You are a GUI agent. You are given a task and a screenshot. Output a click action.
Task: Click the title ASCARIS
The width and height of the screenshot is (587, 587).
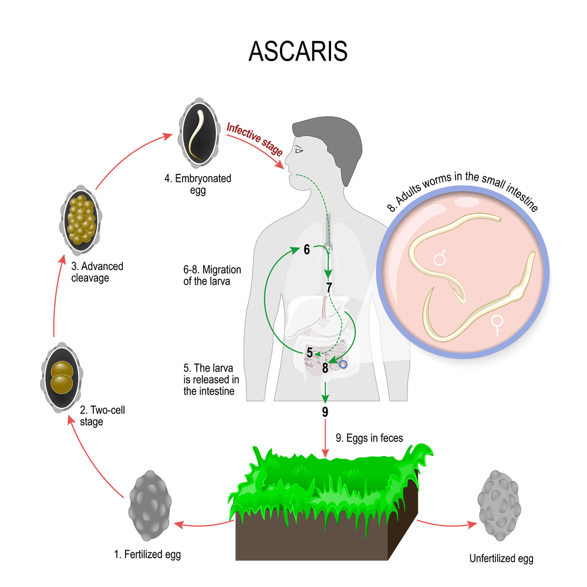298,51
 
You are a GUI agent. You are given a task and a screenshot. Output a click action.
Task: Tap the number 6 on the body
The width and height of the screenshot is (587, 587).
306,249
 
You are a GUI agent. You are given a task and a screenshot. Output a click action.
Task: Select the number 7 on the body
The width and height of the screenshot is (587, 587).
329,288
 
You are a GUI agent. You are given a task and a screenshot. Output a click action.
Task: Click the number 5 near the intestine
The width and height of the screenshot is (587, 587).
309,353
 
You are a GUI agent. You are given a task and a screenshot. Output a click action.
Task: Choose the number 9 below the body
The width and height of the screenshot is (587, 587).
325,411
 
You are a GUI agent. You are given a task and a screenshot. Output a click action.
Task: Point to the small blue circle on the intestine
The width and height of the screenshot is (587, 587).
344,365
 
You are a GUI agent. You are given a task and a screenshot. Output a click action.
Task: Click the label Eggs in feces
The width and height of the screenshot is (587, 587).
369,437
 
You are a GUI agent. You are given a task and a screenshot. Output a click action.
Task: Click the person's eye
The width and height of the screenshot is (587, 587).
299,151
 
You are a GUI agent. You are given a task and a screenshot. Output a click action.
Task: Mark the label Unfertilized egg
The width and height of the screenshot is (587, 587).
501,559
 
